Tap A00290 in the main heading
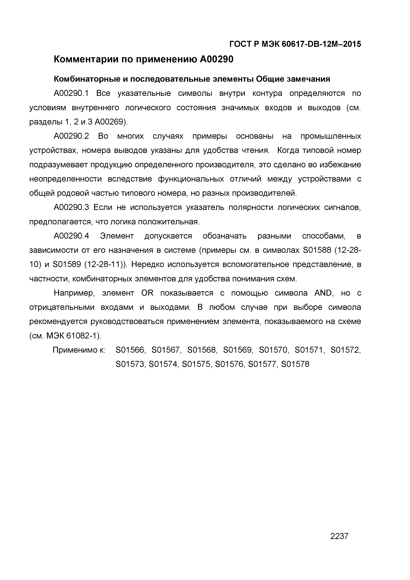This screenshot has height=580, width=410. click(217, 60)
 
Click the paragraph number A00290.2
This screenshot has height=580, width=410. click(71, 136)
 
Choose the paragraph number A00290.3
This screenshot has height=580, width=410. click(71, 208)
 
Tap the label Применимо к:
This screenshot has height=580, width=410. click(79, 350)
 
